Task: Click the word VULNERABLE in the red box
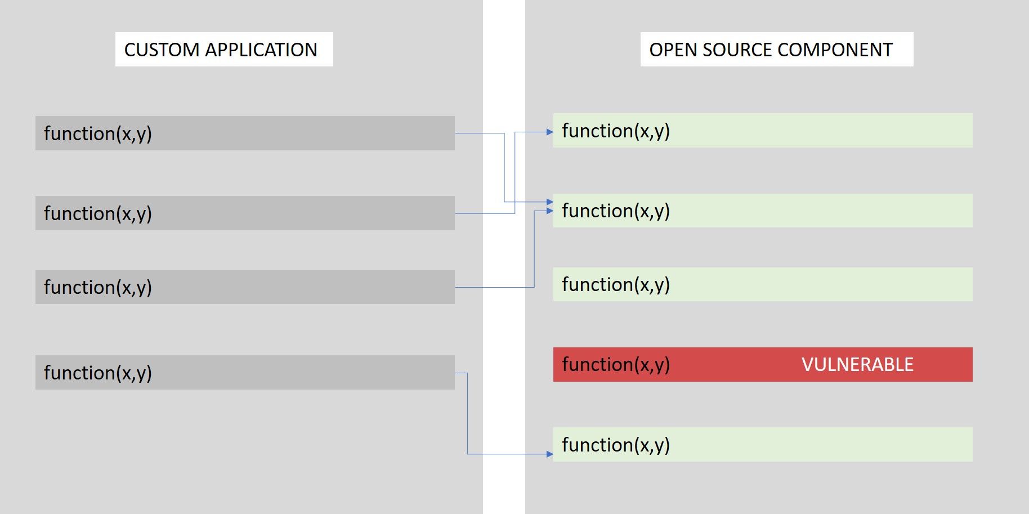click(857, 365)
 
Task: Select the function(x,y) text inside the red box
click(616, 365)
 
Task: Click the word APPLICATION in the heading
click(261, 50)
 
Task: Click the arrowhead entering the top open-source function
click(550, 132)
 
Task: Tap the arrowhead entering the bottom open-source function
click(550, 454)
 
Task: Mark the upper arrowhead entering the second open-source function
click(550, 202)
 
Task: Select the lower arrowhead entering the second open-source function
click(550, 211)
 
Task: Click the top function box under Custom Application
click(245, 133)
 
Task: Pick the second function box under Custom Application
click(245, 213)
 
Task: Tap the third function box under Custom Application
click(245, 287)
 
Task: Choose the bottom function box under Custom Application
click(245, 372)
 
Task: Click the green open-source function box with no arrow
click(763, 284)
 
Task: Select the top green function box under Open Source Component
click(763, 131)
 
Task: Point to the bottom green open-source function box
click(763, 445)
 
